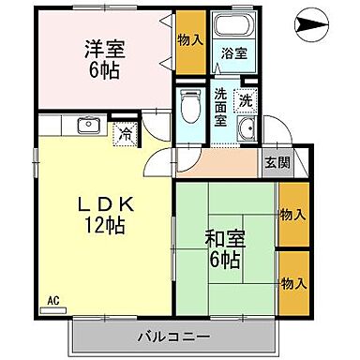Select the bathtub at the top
coord(227,27)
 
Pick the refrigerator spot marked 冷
coord(125,132)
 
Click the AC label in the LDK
coord(54,299)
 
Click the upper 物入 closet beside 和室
coord(292,215)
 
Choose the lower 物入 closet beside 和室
coord(292,282)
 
